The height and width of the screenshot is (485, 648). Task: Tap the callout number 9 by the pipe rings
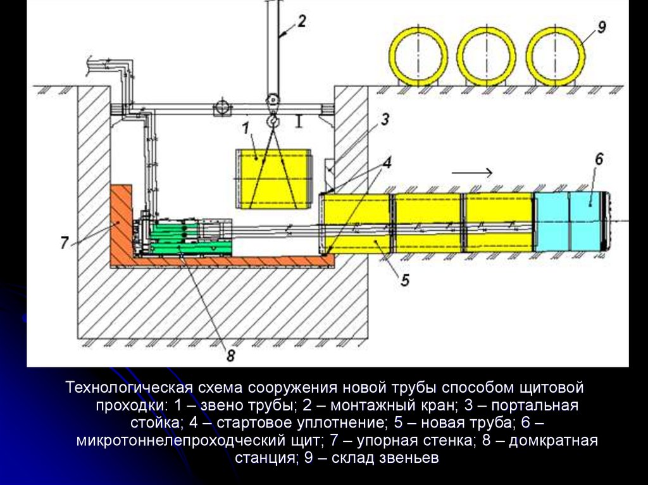(601, 27)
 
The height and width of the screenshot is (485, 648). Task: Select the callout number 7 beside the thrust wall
(65, 243)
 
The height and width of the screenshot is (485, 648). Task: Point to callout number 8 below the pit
(230, 355)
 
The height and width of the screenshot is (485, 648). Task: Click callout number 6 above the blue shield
(598, 160)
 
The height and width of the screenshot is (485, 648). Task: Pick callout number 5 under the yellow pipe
(404, 278)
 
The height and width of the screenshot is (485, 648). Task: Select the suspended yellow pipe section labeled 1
(273, 178)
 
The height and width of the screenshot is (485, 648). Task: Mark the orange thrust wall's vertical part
(121, 221)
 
